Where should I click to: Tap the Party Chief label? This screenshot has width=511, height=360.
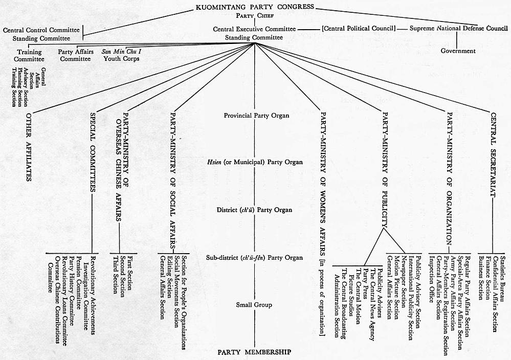[254, 16]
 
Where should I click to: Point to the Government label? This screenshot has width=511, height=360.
[458, 51]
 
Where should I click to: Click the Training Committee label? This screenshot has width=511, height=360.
[29, 55]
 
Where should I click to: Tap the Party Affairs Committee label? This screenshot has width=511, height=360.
[75, 55]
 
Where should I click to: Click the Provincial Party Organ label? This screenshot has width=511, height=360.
[256, 116]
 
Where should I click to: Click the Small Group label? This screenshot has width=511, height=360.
[254, 305]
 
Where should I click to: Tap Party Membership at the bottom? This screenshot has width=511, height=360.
[254, 352]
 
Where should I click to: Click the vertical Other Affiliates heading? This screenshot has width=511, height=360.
[28, 145]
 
